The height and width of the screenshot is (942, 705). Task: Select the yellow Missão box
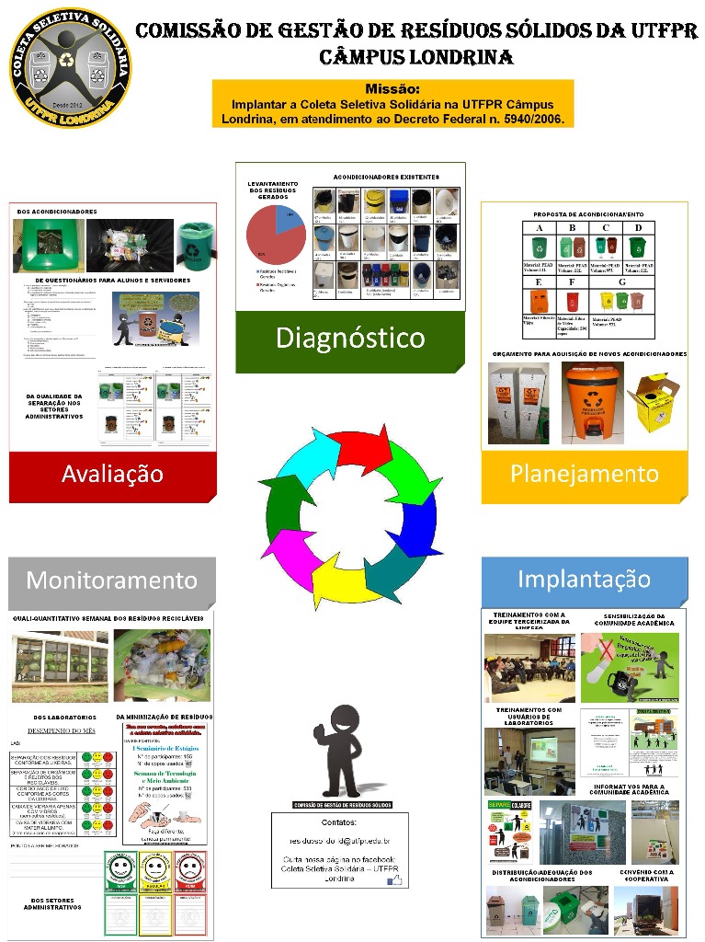click(x=392, y=103)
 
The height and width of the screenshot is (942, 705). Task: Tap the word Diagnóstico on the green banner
click(x=350, y=339)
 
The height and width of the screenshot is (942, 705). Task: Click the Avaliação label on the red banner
click(x=112, y=474)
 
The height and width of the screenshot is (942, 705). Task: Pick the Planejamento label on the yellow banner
click(x=585, y=474)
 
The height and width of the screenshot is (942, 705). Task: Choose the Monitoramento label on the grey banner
click(x=111, y=580)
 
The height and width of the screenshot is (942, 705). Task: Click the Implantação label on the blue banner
click(x=585, y=579)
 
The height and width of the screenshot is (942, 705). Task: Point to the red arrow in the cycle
click(x=361, y=449)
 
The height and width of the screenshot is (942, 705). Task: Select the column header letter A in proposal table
click(x=540, y=227)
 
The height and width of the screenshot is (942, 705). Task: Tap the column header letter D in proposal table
click(x=638, y=227)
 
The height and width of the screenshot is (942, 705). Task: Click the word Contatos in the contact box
click(x=339, y=821)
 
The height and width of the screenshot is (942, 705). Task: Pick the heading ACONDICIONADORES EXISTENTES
click(x=385, y=177)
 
